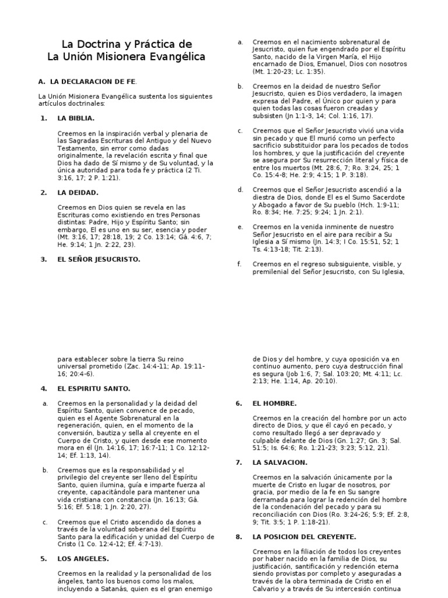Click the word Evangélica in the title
pyautogui.click(x=177, y=57)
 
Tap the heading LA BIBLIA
pyautogui.click(x=76, y=118)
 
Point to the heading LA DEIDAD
pyautogui.click(x=78, y=192)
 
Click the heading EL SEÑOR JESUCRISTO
pyautogui.click(x=99, y=259)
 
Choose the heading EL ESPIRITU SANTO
pyautogui.click(x=93, y=388)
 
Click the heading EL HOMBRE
pyautogui.click(x=274, y=403)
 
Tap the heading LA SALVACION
pyautogui.click(x=279, y=463)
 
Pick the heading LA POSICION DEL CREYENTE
pyautogui.click(x=304, y=537)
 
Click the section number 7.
pyautogui.click(x=239, y=463)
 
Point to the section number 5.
pyautogui.click(x=44, y=559)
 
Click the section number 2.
pyautogui.click(x=44, y=192)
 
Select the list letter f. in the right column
pyautogui.click(x=239, y=264)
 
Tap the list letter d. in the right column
pyautogui.click(x=240, y=190)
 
